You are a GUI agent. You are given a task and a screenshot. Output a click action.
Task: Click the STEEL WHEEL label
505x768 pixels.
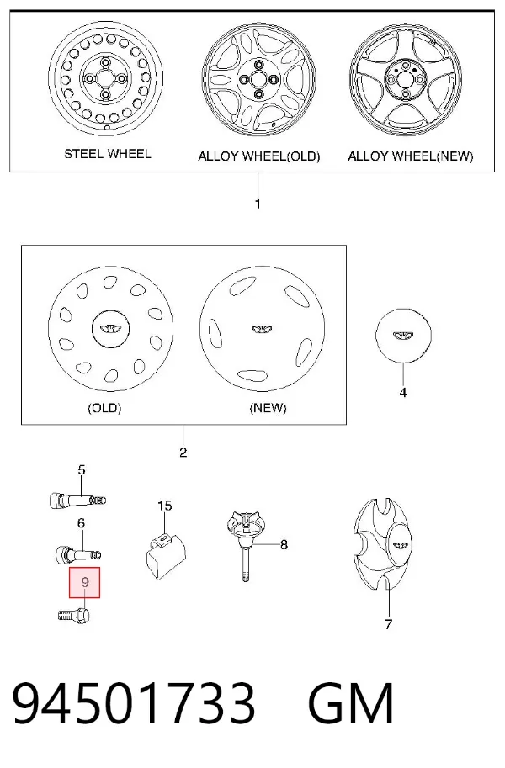(x=108, y=154)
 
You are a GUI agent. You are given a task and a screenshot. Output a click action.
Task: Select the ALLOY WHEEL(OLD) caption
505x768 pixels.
(x=259, y=156)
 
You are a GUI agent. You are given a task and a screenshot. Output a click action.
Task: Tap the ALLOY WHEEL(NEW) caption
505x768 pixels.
(x=411, y=156)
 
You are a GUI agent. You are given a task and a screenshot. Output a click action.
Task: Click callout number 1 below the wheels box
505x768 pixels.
(x=258, y=204)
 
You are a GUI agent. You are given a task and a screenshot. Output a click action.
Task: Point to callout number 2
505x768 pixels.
(x=183, y=452)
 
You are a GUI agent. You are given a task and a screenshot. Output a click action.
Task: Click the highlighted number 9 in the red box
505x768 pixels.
(x=85, y=582)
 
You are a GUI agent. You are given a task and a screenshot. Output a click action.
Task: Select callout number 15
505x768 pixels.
(x=165, y=506)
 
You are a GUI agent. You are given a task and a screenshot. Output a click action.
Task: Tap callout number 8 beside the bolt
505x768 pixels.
(x=284, y=544)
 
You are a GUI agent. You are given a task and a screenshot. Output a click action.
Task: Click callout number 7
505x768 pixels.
(x=388, y=624)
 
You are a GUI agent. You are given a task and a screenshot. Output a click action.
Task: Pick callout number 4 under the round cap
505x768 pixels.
(x=403, y=392)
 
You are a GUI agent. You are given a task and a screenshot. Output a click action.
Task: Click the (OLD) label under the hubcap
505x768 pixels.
(x=104, y=407)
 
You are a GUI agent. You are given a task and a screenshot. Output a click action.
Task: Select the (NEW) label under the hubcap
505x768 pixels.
(x=268, y=407)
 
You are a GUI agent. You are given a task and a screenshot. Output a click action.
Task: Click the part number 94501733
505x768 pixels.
(x=133, y=703)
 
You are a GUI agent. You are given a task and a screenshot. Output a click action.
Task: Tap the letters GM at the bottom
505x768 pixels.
(x=351, y=703)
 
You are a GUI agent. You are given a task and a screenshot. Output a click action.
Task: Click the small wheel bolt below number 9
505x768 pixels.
(x=75, y=613)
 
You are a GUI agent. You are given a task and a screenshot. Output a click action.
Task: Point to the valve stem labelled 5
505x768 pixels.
(x=78, y=501)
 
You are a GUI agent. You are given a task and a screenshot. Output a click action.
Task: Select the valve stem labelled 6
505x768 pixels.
(x=78, y=554)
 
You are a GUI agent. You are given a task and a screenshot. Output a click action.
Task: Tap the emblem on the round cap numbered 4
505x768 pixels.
(x=403, y=335)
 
